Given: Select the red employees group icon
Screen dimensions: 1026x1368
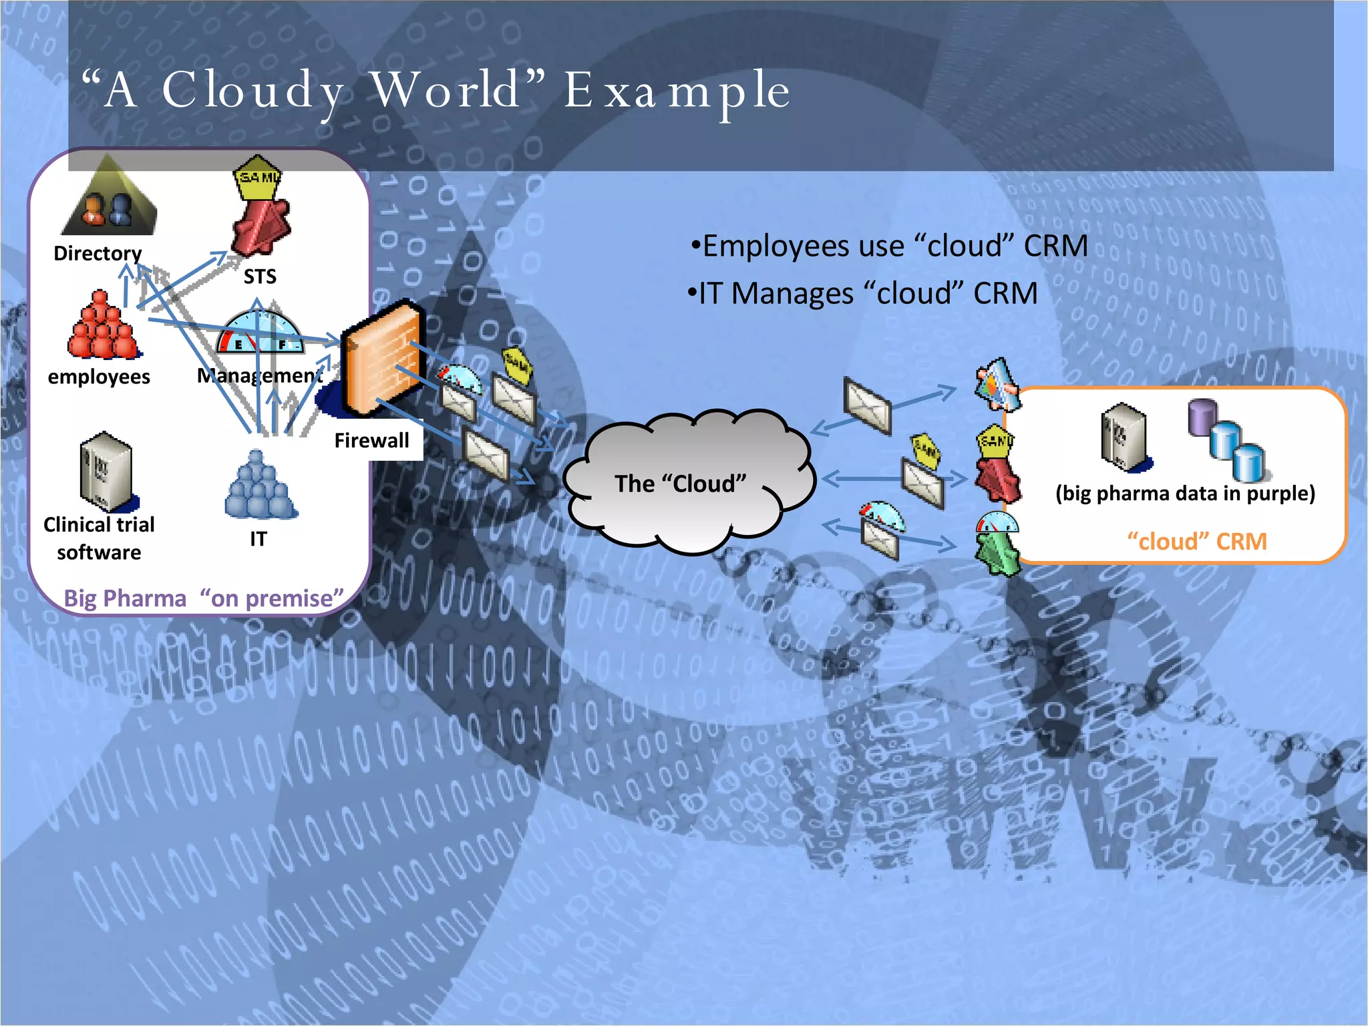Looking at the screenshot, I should point(102,327).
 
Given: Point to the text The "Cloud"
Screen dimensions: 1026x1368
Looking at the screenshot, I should point(680,484).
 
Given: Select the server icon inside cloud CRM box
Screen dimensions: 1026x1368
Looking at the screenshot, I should point(1125,437).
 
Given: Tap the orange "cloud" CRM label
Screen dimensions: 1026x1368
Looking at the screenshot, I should point(1196,541).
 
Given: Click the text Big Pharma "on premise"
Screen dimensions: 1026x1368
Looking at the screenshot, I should point(203,598).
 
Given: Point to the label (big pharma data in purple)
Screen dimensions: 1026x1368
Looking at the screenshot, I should point(1185,493).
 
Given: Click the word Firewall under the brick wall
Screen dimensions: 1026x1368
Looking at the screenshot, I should point(371,440).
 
